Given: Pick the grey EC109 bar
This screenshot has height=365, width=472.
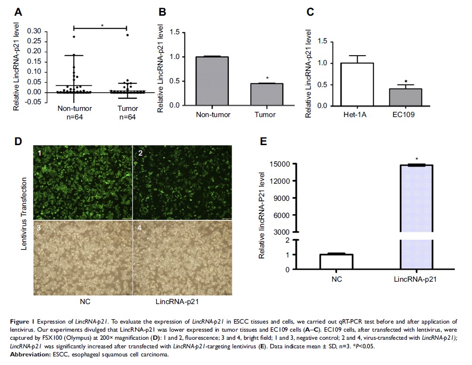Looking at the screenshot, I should click(x=405, y=97).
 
